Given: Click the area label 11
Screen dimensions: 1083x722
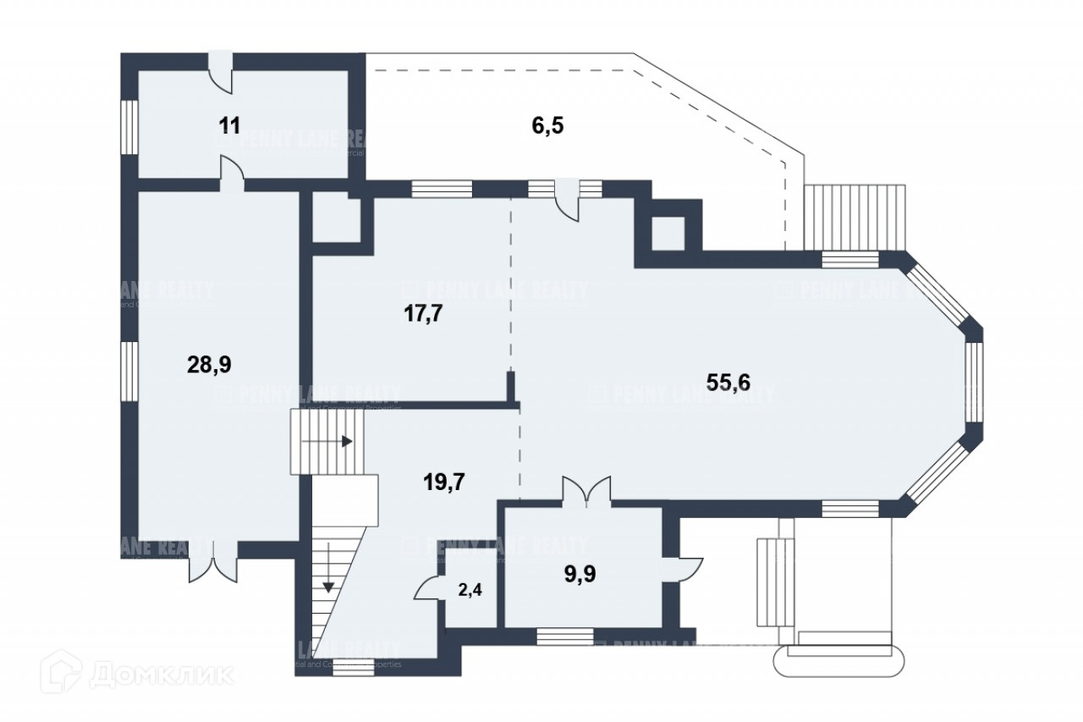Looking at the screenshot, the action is point(229,126).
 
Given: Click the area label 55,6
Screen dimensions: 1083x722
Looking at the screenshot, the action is point(728,383).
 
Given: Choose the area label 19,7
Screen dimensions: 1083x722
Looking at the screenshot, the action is point(444,482).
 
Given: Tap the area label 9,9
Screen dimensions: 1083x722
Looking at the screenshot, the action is point(580,575).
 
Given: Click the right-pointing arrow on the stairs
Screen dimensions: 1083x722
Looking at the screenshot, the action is point(346,441).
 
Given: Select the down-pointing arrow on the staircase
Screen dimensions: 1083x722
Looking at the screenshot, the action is point(327,586).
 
